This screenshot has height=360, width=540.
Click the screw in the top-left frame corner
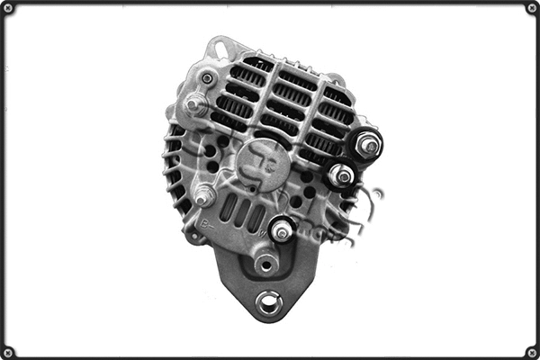click(7, 7)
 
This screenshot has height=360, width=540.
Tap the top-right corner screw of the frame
click(532, 7)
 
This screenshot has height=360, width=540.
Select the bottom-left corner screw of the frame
click(7, 352)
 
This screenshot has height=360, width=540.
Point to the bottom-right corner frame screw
click(532, 352)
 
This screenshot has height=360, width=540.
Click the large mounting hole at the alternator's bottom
click(267, 302)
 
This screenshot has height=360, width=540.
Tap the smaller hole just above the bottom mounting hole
click(265, 265)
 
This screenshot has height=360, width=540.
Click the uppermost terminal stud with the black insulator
click(367, 144)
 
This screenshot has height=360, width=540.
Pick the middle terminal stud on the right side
click(341, 175)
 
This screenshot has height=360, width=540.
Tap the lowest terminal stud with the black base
click(282, 231)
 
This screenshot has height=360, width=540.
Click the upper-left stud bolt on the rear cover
click(192, 104)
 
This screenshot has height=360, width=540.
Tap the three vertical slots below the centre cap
click(242, 211)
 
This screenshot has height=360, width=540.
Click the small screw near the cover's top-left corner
click(209, 78)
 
